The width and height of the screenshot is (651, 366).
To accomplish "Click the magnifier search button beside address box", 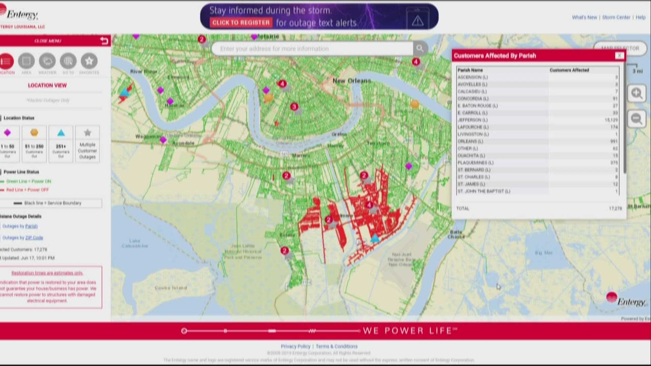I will point(420,48).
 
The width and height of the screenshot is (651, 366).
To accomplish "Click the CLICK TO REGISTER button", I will point(241,23).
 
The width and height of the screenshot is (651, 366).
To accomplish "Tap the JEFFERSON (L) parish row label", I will point(472,120).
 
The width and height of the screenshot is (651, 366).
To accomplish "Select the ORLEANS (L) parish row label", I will point(470,141).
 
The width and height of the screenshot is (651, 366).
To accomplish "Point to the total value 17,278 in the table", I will point(615,208).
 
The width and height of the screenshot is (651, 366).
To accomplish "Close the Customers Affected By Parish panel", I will point(619,56).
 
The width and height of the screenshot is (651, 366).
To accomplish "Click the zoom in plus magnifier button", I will point(636,93).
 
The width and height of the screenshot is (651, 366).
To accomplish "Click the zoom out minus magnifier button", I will point(636,119).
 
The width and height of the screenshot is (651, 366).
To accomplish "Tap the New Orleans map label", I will point(352,81).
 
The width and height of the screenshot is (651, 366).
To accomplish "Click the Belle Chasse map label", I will point(456,234).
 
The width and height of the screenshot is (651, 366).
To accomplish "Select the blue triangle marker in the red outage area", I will point(375,238).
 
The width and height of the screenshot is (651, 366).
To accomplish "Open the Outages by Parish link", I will point(20,226).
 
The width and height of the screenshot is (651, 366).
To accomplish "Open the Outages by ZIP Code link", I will point(23,238).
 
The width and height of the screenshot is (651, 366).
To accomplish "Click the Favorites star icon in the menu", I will point(89,61).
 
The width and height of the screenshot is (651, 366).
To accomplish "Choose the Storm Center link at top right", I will point(616,17).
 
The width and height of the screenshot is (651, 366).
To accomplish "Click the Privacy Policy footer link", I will point(295,346).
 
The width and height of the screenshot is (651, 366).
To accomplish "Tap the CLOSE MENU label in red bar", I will point(48,41).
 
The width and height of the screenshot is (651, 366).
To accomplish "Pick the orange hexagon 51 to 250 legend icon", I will point(34,133).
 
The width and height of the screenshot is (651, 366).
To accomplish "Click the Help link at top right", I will point(640,17).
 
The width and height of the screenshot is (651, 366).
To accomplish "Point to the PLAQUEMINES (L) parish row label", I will point(475,163).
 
